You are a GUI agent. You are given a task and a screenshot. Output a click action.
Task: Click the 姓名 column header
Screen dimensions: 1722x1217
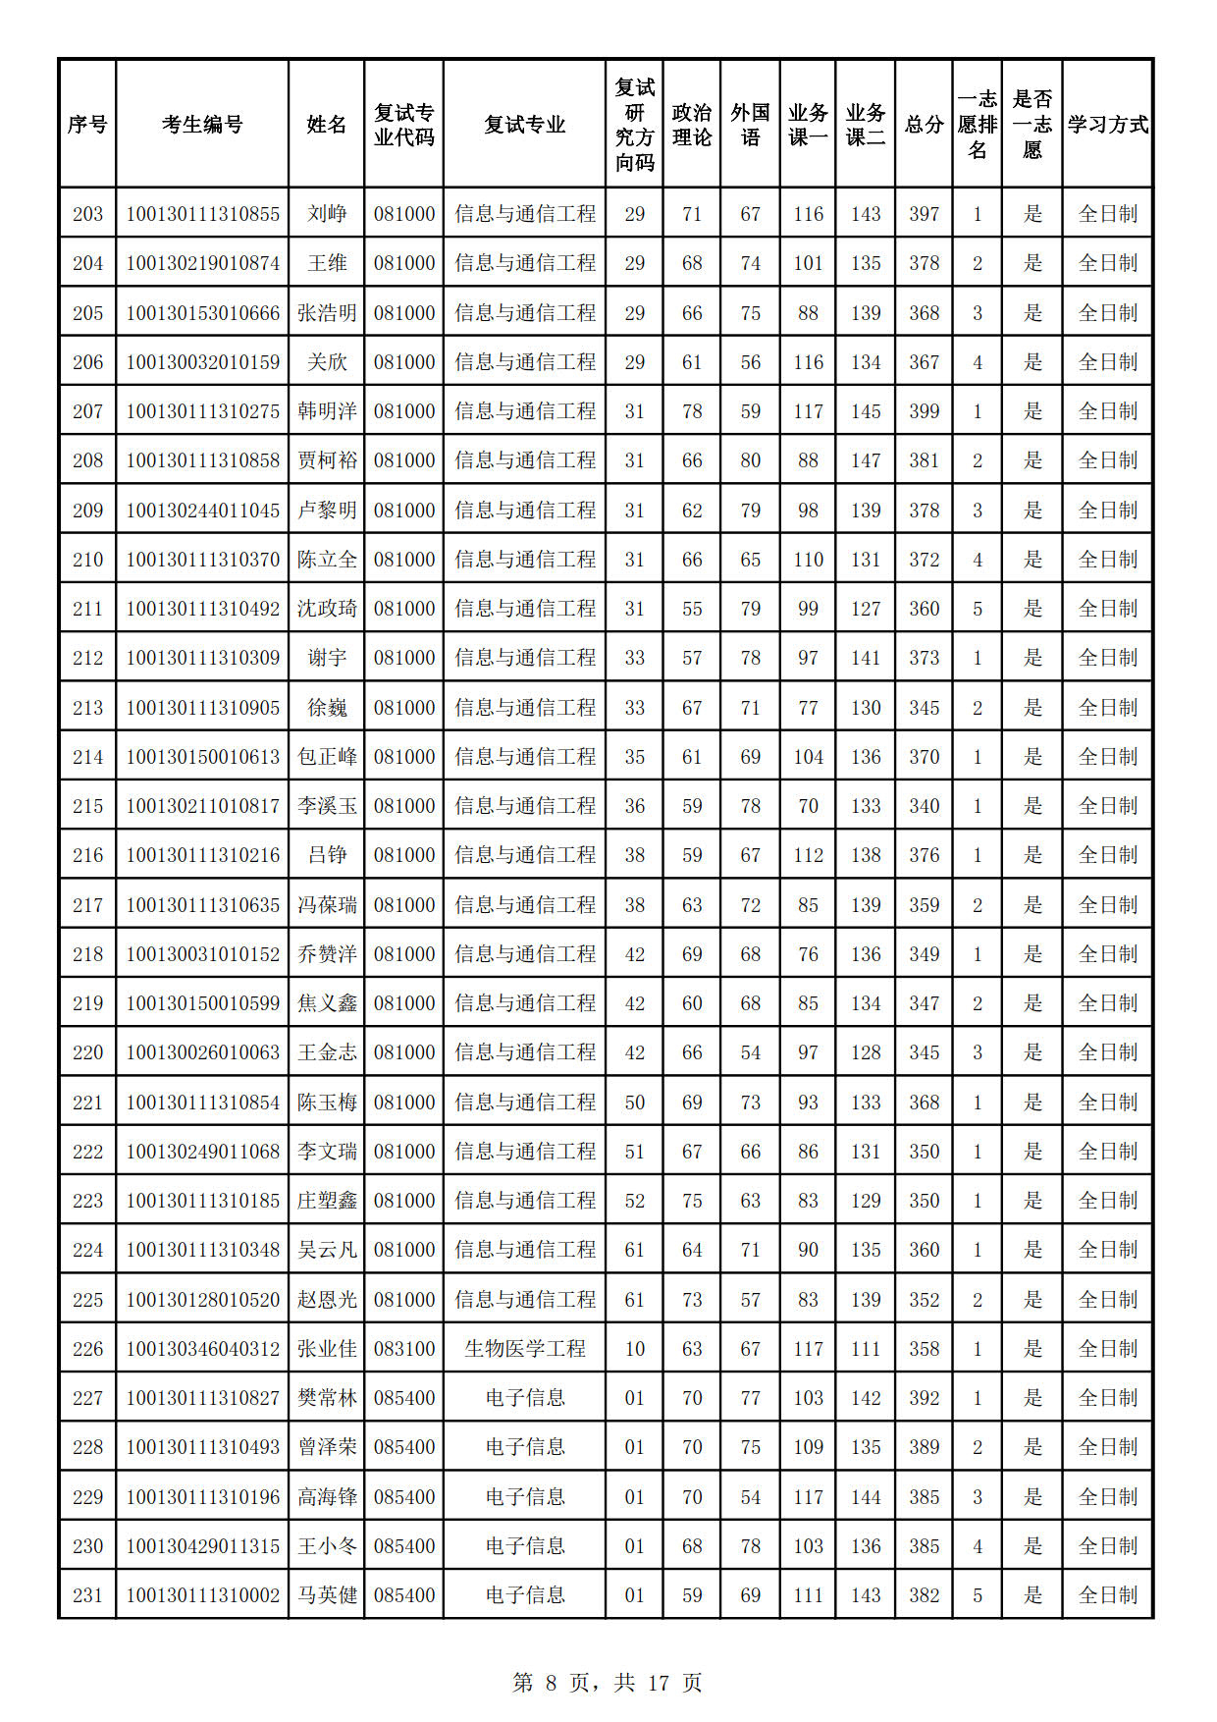point(326,125)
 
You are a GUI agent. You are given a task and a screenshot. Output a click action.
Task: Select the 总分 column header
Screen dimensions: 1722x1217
point(924,125)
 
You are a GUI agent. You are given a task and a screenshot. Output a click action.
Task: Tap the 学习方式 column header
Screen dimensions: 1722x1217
point(1107,125)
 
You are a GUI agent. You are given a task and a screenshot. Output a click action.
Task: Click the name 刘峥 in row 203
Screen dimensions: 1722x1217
point(326,214)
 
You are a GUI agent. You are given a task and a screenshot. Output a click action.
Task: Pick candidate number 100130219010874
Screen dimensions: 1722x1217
point(202,263)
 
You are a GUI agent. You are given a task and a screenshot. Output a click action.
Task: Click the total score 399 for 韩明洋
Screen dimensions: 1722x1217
point(924,411)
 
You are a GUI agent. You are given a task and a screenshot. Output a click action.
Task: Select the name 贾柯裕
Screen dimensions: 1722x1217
point(326,460)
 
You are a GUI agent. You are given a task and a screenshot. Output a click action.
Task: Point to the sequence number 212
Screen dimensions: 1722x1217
point(87,658)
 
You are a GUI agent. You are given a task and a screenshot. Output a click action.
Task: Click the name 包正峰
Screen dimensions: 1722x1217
point(326,757)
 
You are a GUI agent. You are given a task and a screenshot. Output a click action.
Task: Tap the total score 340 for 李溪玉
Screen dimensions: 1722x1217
point(924,806)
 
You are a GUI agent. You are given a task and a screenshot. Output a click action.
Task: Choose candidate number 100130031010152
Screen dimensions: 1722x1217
point(202,954)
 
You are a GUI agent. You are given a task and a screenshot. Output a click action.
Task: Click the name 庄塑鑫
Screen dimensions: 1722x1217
point(326,1201)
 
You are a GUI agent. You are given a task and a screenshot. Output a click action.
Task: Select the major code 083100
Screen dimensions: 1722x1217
point(403,1349)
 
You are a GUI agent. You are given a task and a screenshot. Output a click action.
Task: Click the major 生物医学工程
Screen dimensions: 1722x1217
point(524,1349)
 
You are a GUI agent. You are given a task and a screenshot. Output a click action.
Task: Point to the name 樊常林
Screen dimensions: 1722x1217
point(326,1398)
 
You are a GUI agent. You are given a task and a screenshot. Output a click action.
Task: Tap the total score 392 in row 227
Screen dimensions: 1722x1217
point(924,1398)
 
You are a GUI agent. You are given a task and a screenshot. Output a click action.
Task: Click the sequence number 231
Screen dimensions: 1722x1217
point(87,1595)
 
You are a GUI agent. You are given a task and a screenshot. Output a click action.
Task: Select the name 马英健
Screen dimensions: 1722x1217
point(326,1595)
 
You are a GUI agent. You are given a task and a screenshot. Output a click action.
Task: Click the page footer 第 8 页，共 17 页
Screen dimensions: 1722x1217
point(608,1683)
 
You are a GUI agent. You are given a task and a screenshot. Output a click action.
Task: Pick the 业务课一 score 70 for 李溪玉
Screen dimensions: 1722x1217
point(808,806)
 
